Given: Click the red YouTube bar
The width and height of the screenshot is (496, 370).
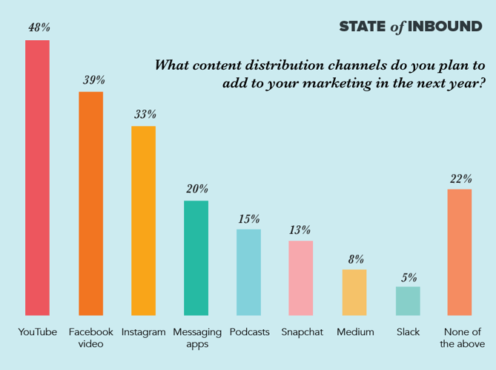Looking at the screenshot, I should click(38, 178).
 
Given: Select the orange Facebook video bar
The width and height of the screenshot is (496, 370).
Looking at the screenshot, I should click(90, 204).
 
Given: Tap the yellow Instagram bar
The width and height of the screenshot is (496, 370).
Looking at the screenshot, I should click(143, 221).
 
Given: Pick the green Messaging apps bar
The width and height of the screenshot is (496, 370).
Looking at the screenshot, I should click(196, 258).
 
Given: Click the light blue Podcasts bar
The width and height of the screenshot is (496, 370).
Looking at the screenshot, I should click(249, 272).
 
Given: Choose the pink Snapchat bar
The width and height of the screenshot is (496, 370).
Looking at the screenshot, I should click(301, 278).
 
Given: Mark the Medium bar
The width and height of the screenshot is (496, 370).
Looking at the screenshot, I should click(354, 292).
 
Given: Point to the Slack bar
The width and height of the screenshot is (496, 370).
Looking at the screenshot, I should click(408, 301).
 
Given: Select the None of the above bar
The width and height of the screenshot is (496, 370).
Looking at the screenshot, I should click(460, 252).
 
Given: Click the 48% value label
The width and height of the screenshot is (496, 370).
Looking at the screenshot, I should click(39, 27).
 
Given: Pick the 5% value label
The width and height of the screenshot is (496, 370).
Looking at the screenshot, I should click(409, 276).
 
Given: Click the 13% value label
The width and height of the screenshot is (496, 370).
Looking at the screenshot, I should click(300, 230).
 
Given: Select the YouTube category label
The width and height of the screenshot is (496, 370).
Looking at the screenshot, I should click(38, 332).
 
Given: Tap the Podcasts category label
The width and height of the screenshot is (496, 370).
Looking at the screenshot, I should click(249, 332).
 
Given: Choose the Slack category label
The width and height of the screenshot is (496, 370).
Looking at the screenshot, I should click(408, 332).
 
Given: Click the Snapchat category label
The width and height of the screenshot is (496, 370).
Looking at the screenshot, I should click(302, 332).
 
